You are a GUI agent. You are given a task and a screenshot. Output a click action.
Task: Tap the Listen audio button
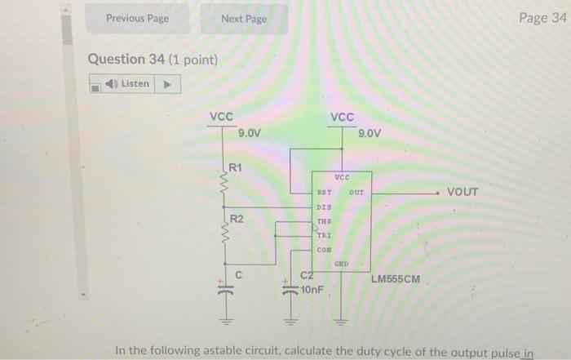[135, 83]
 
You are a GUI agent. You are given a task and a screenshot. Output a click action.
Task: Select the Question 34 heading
[152, 60]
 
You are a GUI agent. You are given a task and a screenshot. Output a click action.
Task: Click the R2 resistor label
[236, 219]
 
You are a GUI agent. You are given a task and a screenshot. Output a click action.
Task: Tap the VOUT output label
[463, 193]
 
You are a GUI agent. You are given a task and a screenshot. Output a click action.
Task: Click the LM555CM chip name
[396, 279]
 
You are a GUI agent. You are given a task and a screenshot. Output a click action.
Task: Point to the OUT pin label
[356, 193]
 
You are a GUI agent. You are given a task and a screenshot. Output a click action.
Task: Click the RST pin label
[324, 193]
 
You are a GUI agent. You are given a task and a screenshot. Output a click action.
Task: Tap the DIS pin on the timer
[324, 207]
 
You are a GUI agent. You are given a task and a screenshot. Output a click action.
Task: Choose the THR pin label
[324, 221]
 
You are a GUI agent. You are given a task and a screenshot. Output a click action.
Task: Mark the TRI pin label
[324, 235]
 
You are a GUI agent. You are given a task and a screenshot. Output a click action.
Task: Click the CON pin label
[324, 249]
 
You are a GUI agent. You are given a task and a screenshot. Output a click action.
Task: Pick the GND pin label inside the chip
[341, 264]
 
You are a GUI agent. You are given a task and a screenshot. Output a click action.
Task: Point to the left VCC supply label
[221, 117]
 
